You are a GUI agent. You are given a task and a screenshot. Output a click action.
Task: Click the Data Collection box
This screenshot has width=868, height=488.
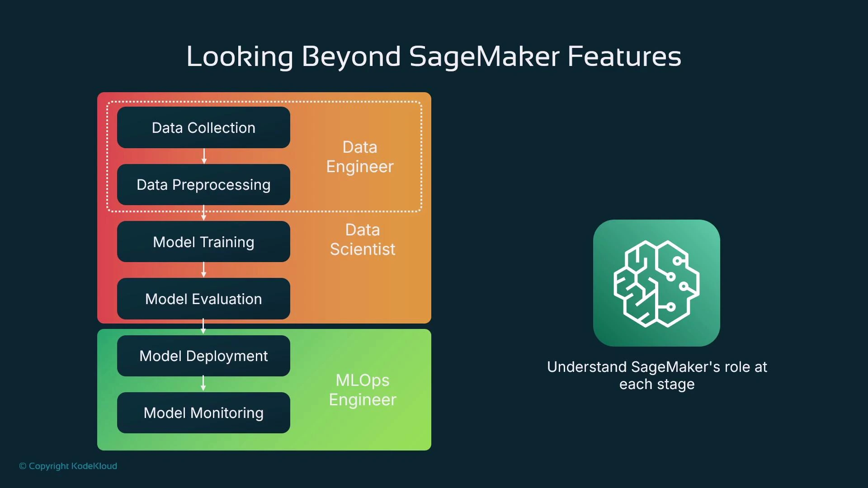click(x=203, y=128)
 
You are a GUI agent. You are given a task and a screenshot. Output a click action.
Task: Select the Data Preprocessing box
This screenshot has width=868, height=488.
click(x=203, y=185)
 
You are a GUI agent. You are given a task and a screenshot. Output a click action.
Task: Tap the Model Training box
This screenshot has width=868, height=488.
click(x=203, y=242)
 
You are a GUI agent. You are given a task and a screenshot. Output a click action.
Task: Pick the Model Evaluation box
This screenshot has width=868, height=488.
click(x=203, y=299)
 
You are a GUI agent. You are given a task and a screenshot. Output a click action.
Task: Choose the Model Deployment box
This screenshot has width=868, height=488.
click(x=203, y=356)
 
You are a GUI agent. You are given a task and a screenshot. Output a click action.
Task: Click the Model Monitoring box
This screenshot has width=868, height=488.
click(x=203, y=413)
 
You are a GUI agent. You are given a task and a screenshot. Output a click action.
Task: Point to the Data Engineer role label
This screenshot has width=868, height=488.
click(x=360, y=157)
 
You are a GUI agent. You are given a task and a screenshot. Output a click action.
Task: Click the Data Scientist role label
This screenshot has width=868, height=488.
click(x=363, y=239)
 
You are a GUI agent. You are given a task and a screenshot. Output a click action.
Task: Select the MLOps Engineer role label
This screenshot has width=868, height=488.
click(x=363, y=390)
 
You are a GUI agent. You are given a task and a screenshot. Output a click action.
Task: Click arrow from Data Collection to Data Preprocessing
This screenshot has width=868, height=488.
click(x=204, y=156)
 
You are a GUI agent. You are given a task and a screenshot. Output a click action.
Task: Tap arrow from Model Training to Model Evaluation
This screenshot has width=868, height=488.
click(x=204, y=270)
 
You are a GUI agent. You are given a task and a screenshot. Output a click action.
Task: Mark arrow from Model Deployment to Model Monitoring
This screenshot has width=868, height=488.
click(x=203, y=384)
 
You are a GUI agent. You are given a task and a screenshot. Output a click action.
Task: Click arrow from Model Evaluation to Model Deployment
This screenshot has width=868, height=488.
click(x=203, y=326)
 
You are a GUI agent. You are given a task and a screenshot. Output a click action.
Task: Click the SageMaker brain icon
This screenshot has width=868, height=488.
click(x=656, y=283)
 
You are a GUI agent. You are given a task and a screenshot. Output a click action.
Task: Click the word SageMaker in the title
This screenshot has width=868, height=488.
click(x=484, y=56)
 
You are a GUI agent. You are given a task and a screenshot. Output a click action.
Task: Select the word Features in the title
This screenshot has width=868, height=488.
click(x=624, y=56)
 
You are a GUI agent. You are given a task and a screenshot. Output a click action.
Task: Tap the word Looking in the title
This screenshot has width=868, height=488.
click(x=240, y=56)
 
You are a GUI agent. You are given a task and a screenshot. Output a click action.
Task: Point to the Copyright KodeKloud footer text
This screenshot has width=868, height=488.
click(x=68, y=466)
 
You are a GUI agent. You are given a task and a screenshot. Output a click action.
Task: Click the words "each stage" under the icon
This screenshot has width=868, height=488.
click(x=657, y=385)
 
